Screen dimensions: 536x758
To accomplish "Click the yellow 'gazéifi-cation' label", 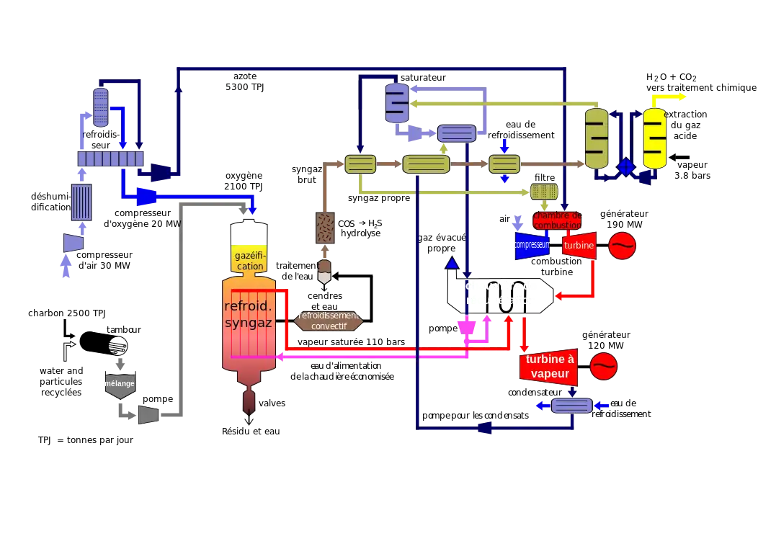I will tap(250, 261).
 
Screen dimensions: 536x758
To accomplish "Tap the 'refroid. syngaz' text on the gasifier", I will tap(248, 314).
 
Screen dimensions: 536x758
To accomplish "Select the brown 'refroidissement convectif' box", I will tap(328, 321).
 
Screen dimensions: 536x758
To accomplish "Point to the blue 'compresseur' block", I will tap(532, 245).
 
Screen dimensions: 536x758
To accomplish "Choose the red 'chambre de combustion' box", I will tap(557, 220).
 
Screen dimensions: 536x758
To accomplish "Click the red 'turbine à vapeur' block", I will tap(549, 367).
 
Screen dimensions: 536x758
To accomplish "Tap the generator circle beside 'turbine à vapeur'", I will tap(604, 366).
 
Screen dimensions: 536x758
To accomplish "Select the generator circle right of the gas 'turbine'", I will tap(623, 246).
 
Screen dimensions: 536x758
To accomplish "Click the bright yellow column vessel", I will tap(655, 138).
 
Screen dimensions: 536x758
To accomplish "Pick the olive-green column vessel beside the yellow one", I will tap(597, 138).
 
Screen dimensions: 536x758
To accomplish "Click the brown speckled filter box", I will tap(325, 228).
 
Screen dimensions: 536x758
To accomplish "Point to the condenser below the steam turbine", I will tap(571, 406).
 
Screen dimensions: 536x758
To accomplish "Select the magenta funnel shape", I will tap(468, 326).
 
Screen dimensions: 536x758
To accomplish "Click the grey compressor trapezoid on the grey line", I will tap(148, 414).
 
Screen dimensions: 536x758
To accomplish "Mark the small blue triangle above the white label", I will tap(452, 264).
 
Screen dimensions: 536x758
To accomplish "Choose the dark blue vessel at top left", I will tap(100, 106).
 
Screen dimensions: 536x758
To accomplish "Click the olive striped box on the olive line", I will tap(544, 192).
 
